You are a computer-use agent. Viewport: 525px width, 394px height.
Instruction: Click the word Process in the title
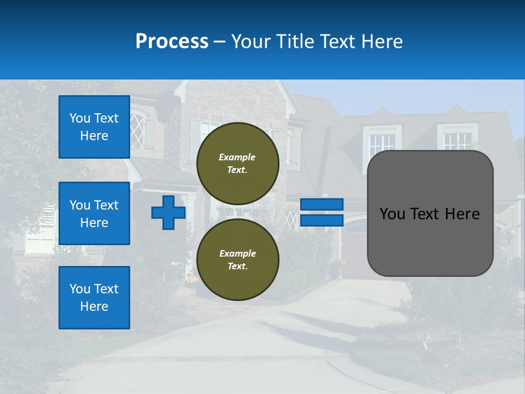(172, 42)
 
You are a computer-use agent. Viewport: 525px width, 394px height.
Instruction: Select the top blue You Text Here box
(94, 127)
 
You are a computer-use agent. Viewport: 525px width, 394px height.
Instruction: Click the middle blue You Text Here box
(94, 213)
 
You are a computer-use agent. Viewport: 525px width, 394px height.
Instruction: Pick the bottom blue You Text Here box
(94, 297)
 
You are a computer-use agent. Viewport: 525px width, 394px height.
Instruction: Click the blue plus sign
(168, 212)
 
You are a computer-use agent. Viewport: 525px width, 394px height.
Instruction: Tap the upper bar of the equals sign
(322, 204)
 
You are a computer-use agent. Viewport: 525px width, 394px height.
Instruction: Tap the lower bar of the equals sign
(322, 221)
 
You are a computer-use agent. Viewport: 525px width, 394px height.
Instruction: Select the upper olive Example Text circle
(237, 163)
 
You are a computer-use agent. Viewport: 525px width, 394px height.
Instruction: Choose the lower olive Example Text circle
(237, 259)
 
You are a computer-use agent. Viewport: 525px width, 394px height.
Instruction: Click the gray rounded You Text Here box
(430, 213)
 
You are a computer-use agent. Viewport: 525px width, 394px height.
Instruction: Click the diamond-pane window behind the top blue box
(138, 130)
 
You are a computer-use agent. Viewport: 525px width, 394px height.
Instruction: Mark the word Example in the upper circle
(237, 157)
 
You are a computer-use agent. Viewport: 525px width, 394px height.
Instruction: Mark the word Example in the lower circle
(237, 253)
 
